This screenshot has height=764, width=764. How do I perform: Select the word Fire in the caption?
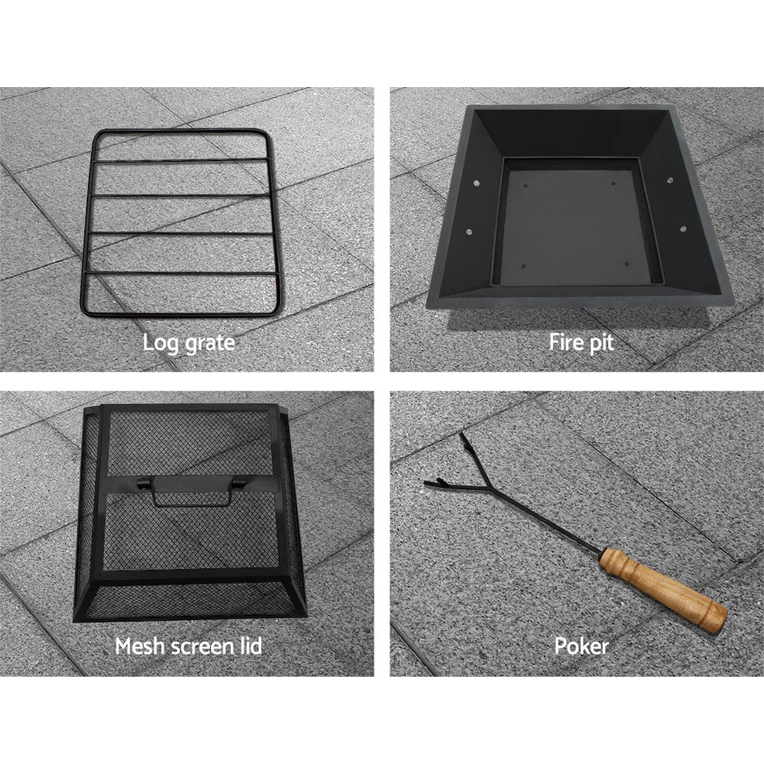(566, 342)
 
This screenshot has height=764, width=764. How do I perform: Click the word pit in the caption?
(601, 342)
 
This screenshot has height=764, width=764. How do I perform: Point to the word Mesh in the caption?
(139, 646)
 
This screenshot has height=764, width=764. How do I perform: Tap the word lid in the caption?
(250, 646)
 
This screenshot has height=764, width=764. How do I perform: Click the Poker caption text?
(581, 646)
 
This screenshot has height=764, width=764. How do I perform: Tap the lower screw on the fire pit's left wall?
(468, 231)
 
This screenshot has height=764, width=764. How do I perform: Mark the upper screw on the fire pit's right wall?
(670, 181)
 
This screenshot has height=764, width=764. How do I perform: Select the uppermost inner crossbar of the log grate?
(180, 161)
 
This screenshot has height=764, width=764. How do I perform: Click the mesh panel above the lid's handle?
(191, 443)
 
